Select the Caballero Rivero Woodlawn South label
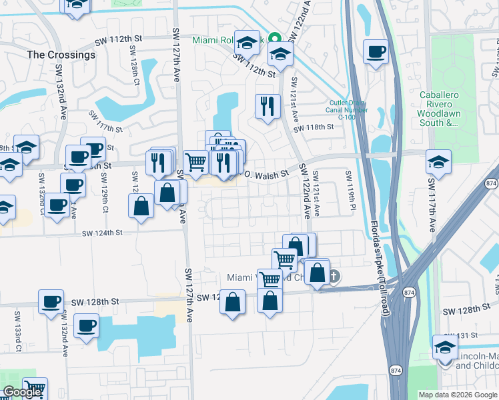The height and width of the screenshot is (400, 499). pyautogui.click(x=439, y=109)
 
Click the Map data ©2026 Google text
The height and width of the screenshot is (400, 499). pyautogui.click(x=458, y=395)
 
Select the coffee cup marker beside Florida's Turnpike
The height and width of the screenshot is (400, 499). pyautogui.click(x=376, y=51)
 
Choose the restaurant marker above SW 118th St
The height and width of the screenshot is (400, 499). pyautogui.click(x=268, y=105)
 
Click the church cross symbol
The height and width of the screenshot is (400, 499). pyautogui.click(x=335, y=276)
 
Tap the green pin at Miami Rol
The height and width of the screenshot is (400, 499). pyautogui.click(x=273, y=38)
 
